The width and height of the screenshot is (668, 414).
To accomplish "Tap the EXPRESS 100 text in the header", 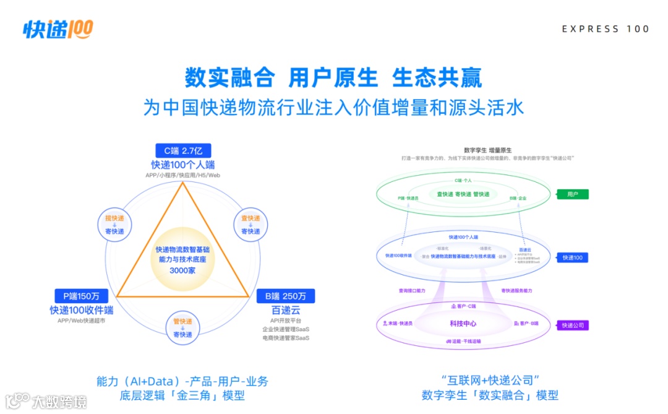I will (x=606, y=29).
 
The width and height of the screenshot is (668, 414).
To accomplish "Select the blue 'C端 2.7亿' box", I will (x=183, y=150).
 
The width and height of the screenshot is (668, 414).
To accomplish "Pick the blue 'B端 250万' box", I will (x=286, y=296).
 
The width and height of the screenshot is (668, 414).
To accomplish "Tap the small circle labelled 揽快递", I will (x=114, y=225).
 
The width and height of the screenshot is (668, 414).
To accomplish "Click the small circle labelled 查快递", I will (x=250, y=225).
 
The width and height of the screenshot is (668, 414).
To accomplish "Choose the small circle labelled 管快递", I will (x=182, y=327).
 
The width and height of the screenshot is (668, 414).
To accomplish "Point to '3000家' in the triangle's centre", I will (x=182, y=270).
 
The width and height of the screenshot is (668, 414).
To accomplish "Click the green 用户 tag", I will (x=572, y=194).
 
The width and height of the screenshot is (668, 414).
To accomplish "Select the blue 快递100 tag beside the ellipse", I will (x=572, y=257).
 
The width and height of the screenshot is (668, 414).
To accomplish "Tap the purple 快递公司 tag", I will (x=572, y=326).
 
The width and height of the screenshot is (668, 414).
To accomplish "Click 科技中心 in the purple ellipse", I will (x=463, y=324).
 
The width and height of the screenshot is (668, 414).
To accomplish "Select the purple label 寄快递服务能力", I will (x=516, y=290).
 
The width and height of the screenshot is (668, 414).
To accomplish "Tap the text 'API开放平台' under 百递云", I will (x=286, y=321).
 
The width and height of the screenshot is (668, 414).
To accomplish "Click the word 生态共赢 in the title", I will (x=437, y=79).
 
